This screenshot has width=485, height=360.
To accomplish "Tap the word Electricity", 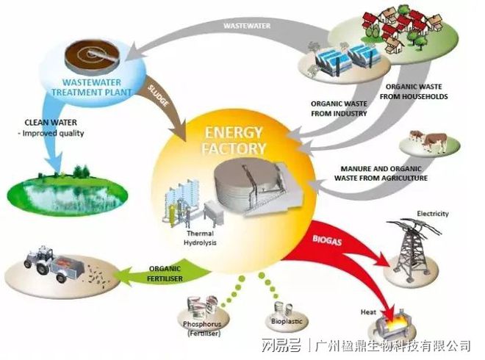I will click(432, 213).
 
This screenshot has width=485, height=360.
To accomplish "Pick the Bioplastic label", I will click(284, 321).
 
